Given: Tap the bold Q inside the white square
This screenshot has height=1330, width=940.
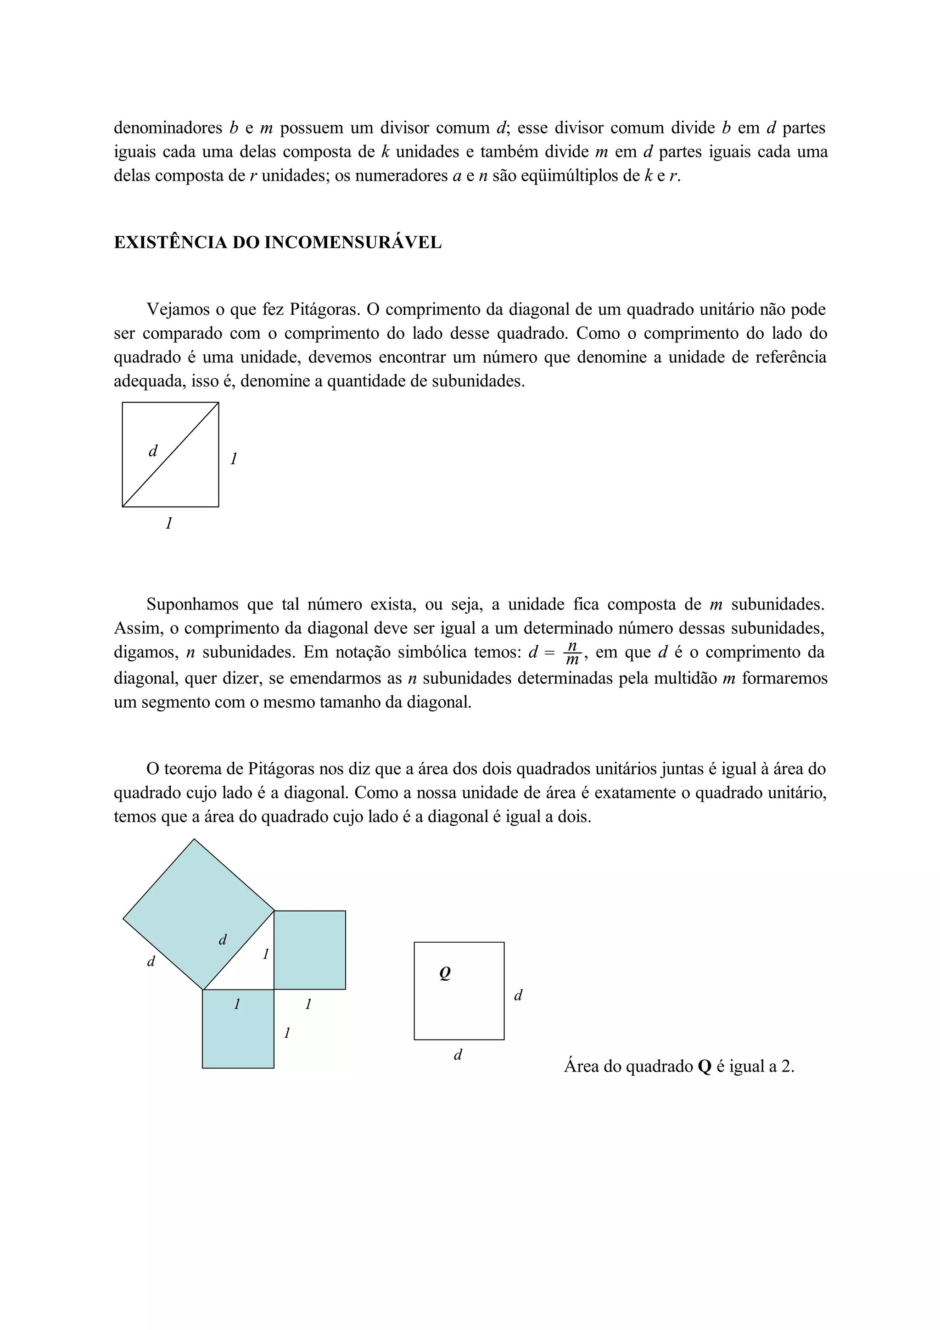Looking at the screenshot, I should pos(445,974).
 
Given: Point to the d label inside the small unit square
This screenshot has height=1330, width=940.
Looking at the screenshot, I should pos(153,451).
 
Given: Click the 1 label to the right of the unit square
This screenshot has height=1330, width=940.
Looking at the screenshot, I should pos(234,459).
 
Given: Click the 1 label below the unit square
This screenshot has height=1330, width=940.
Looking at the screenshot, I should pos(168,524).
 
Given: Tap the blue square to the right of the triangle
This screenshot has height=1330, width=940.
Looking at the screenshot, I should pos(309,950).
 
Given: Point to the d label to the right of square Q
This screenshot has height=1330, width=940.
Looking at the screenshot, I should pos(518,995).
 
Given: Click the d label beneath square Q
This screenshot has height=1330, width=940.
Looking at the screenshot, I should pos(458,1055).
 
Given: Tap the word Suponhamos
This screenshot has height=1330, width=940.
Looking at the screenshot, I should pos(193,604).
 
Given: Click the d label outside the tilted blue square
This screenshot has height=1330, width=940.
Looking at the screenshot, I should pos(151,961).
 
